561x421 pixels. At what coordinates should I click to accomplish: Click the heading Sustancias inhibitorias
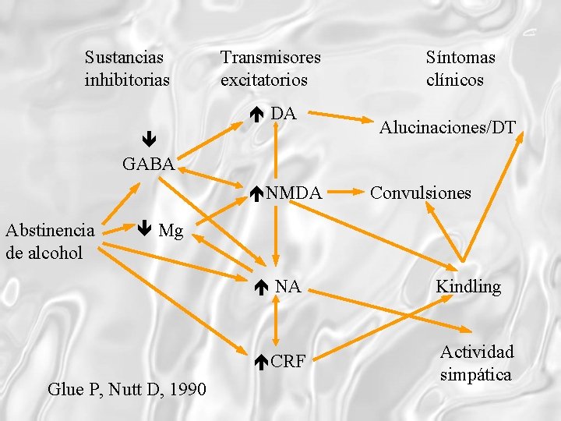[127, 69]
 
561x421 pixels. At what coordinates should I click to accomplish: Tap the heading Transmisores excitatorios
[270, 69]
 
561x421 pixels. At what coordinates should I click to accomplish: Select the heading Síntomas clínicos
[460, 69]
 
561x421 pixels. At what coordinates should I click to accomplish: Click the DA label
[284, 114]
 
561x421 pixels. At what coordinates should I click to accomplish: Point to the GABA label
[148, 164]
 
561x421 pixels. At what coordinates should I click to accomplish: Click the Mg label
[171, 230]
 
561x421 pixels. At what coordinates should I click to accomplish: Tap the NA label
[288, 287]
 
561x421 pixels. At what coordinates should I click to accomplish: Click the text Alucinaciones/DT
[447, 128]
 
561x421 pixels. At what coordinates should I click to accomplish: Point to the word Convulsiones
[421, 193]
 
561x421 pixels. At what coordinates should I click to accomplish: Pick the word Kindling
[468, 287]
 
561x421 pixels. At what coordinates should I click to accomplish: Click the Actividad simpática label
[476, 363]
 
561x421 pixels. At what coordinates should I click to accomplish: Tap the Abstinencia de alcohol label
[50, 241]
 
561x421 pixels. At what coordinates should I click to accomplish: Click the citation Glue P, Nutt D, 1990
[127, 389]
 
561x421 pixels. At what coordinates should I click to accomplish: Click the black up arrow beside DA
[259, 115]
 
